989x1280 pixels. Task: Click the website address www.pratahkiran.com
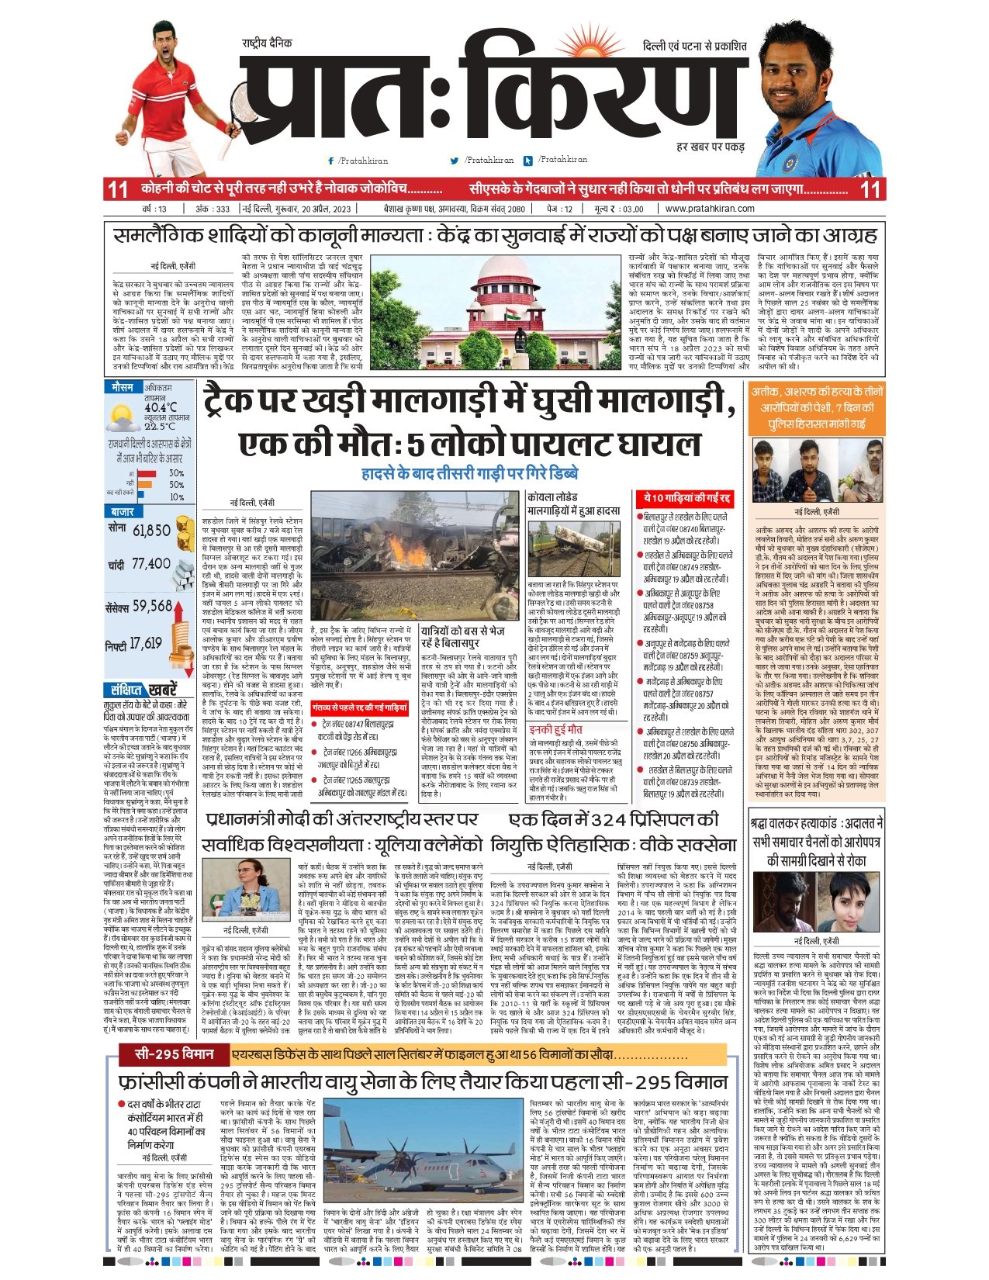[x=709, y=209]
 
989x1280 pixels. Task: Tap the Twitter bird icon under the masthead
[x=455, y=161]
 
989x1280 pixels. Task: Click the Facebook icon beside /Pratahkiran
[x=331, y=161]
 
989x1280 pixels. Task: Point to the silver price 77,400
[x=150, y=564]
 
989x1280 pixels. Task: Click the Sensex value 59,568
[x=152, y=605]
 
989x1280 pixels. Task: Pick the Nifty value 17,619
[x=146, y=643]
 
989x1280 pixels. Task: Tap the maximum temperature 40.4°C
[x=160, y=407]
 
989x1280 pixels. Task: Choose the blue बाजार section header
[x=122, y=512]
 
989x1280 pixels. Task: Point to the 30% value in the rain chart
[x=176, y=473]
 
